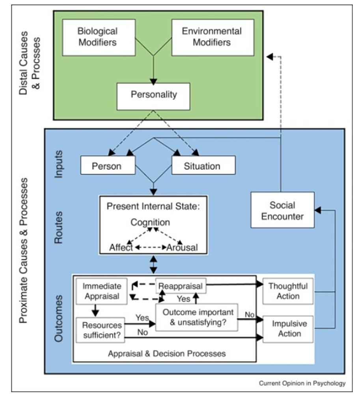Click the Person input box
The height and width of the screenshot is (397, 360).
106,165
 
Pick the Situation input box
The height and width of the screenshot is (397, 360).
203,165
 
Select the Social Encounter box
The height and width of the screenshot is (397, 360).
282,210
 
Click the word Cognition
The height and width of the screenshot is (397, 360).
150,223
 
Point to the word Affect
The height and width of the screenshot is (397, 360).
121,248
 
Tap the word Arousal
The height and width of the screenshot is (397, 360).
182,248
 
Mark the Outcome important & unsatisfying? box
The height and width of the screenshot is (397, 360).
198,317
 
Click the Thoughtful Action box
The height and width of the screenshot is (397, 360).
288,291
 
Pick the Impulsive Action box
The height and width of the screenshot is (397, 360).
288,328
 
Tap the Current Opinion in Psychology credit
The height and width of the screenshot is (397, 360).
302,383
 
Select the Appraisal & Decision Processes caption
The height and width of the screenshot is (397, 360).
167,353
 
